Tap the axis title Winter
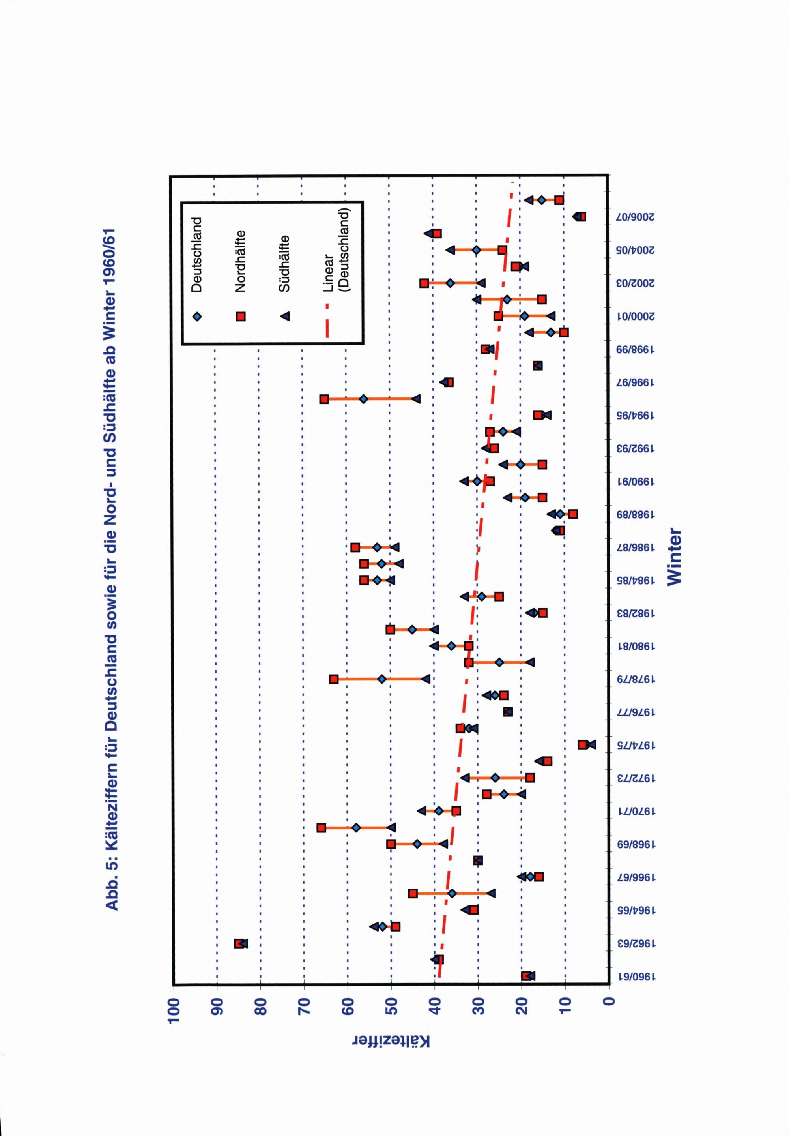tap(674, 557)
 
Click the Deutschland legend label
tap(197, 255)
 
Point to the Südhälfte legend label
tap(284, 263)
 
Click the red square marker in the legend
tap(241, 316)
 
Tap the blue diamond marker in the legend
tap(197, 316)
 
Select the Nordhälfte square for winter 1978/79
tap(334, 679)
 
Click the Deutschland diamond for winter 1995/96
tap(364, 399)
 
